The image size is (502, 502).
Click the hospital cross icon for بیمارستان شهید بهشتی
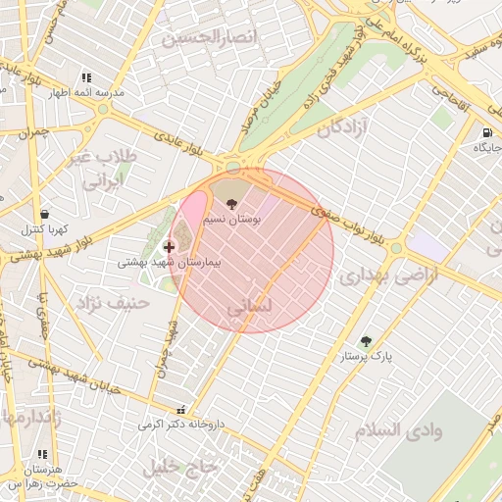coord(170,247)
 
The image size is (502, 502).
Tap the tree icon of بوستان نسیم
coord(231,204)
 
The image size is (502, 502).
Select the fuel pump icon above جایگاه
coord(486,132)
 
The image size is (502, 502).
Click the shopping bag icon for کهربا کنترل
coord(44,214)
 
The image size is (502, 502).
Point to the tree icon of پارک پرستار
coord(366,341)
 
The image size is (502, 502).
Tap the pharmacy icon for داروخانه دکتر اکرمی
coord(179,412)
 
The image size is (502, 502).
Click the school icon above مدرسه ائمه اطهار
coord(86,77)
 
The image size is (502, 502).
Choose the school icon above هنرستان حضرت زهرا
coord(41,455)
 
